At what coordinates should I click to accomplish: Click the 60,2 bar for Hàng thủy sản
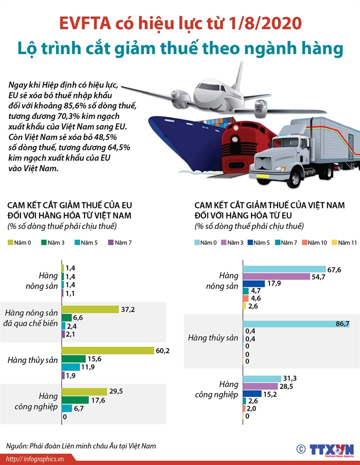[x=107, y=350]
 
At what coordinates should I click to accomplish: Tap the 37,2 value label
[x=127, y=309]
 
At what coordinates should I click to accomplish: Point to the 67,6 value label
[x=334, y=270]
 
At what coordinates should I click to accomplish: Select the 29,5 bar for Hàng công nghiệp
[x=84, y=391]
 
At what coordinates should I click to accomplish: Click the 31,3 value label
[x=289, y=378]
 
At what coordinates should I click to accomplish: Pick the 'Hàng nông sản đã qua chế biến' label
[x=31, y=317]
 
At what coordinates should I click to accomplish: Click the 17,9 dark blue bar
[x=253, y=283]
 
